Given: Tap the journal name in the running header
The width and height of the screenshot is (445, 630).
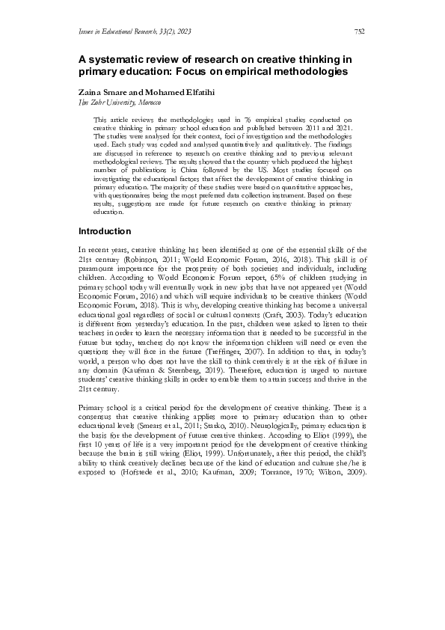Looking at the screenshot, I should point(123,31).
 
